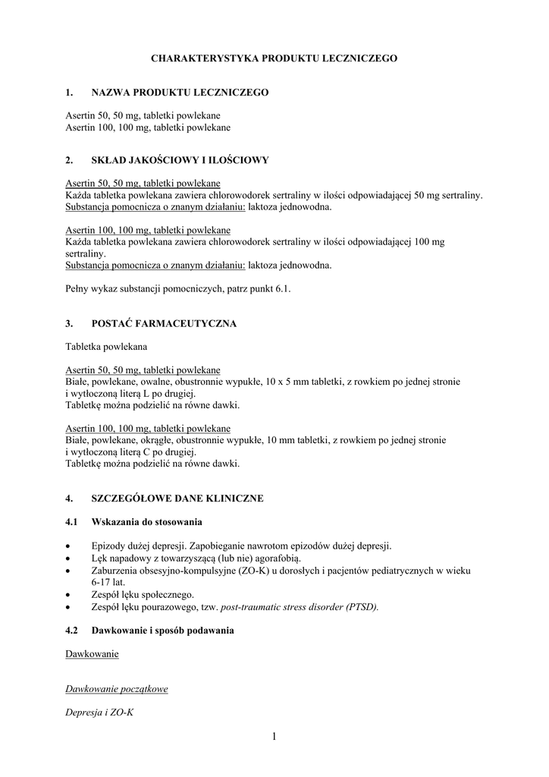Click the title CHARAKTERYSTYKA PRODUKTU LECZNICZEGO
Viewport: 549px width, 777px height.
tap(274, 58)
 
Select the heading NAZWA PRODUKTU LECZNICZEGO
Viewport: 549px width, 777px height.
tap(180, 93)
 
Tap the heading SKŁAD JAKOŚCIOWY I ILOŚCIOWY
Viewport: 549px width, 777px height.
tap(180, 160)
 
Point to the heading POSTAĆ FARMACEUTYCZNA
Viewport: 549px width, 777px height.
tap(164, 323)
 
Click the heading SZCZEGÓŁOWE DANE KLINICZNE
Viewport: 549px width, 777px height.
tap(177, 499)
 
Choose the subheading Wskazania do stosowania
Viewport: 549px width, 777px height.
tap(147, 522)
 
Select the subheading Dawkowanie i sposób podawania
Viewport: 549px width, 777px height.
tap(163, 631)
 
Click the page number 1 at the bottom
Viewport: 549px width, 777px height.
tap(274, 735)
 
